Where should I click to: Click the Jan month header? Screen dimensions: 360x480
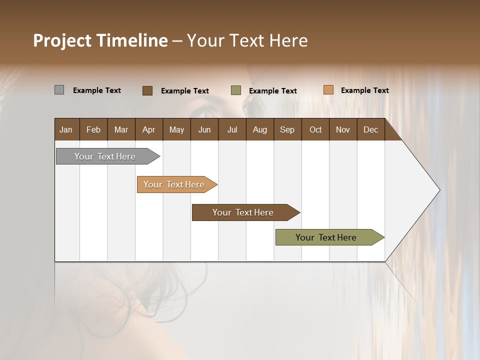(66, 130)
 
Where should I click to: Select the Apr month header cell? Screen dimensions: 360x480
(148, 130)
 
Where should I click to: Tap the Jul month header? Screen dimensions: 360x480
(232, 130)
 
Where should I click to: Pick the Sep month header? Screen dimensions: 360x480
(287, 130)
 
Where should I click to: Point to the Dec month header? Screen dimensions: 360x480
(370, 130)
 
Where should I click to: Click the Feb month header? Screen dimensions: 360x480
(93, 130)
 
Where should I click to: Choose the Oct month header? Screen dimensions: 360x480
(315, 130)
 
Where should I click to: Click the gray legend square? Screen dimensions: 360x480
(59, 90)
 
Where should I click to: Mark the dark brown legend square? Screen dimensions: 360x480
(147, 90)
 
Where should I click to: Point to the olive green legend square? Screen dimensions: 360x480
(236, 90)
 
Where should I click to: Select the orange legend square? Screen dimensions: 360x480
(328, 90)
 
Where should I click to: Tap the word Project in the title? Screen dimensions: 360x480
(62, 40)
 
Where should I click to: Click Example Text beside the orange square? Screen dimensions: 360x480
(364, 90)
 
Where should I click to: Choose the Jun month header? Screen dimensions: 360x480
(204, 130)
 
